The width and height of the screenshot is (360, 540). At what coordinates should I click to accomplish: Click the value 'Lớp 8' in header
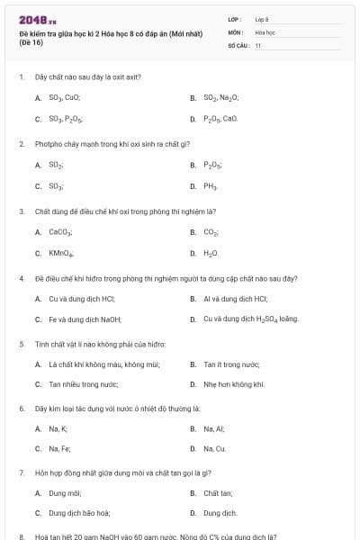click(x=262, y=19)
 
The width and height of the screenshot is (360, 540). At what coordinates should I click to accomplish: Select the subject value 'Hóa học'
click(x=264, y=31)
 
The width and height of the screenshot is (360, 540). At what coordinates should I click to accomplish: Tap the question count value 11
click(x=258, y=44)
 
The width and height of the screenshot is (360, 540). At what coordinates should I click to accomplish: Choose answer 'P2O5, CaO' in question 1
click(x=220, y=118)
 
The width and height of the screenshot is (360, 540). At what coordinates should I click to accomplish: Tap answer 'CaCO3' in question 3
click(x=60, y=231)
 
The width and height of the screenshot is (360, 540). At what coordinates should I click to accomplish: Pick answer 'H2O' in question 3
click(x=211, y=253)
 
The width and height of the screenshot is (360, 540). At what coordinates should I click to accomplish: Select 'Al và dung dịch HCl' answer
click(x=236, y=298)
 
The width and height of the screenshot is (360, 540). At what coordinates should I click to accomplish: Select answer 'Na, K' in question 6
click(x=58, y=428)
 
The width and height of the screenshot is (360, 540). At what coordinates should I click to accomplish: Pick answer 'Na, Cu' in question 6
click(x=214, y=448)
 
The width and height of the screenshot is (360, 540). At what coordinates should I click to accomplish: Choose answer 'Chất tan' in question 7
click(x=218, y=493)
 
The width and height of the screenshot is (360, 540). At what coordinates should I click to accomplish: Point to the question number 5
click(x=21, y=343)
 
